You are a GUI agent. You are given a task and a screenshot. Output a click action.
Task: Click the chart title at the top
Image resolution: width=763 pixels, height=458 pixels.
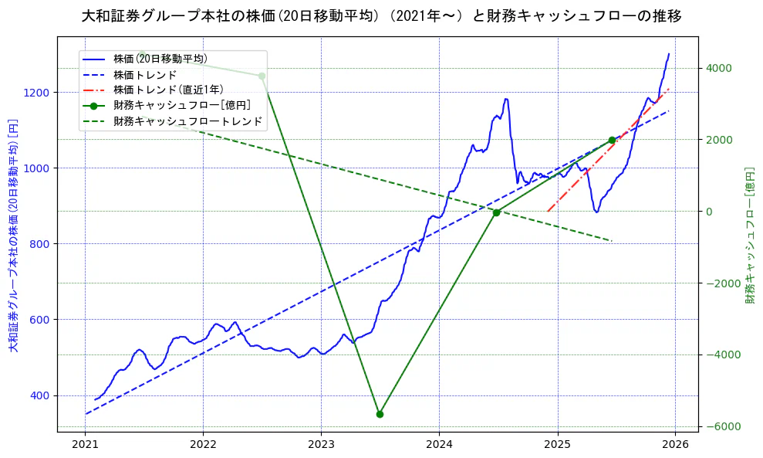(381, 15)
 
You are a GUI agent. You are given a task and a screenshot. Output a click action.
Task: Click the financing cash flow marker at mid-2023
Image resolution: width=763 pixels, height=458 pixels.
(380, 414)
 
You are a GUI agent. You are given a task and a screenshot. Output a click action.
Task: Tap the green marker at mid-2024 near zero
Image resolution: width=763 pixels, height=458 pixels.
(497, 212)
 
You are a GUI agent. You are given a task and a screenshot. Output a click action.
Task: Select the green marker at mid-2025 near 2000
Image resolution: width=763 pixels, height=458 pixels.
(612, 140)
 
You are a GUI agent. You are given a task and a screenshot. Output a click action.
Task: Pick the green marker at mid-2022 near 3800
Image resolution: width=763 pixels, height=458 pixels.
(262, 76)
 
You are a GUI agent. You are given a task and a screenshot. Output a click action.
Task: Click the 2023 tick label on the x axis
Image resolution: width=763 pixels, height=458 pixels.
(321, 444)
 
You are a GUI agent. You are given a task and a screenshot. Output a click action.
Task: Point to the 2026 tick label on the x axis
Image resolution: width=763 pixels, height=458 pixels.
(675, 444)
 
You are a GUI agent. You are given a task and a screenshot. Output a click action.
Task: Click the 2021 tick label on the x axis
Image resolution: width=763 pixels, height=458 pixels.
(85, 444)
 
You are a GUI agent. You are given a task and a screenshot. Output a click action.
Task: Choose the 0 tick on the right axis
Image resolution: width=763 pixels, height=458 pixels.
(708, 212)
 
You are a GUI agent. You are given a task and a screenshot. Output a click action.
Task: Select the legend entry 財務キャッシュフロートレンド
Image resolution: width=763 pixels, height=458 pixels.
(187, 121)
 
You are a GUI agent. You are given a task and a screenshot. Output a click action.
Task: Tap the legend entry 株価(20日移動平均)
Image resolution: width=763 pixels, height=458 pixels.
(160, 58)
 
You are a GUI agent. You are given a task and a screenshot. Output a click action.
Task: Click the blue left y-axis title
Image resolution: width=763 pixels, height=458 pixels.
(13, 236)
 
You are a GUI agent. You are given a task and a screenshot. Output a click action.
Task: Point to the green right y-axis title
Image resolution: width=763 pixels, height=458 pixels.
(749, 236)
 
